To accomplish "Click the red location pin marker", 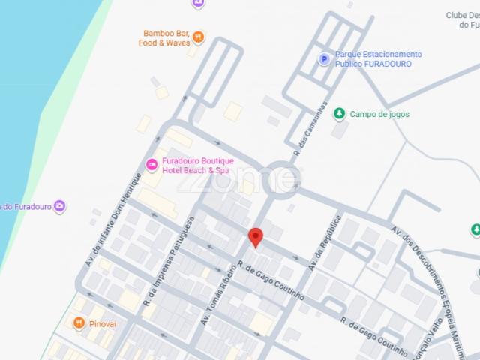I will tap(255, 236).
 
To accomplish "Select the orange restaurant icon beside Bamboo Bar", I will tap(198, 35).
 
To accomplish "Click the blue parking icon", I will tap(324, 59).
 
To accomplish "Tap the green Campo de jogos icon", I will tap(339, 114).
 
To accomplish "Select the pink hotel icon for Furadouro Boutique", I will tap(151, 164).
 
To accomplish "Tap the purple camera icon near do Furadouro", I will tap(60, 206).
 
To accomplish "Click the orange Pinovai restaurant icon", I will tap(78, 323).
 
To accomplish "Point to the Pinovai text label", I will tap(103, 324).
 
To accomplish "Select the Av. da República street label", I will tap(325, 243).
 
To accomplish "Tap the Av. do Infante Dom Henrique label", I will tap(115, 218).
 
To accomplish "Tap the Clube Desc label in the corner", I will tap(462, 19).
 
